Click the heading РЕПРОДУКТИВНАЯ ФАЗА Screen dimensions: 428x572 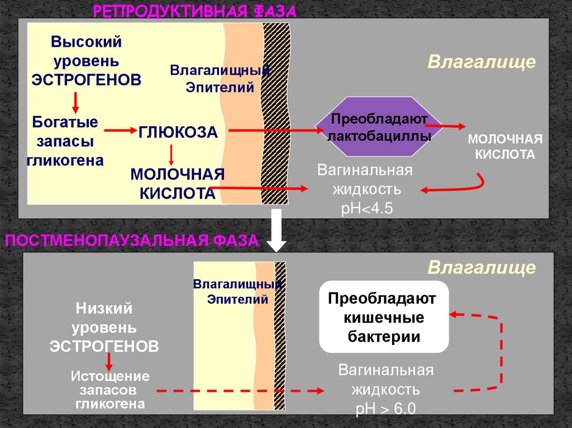coord(194,11)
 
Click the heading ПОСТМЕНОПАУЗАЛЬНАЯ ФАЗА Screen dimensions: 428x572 coord(132,241)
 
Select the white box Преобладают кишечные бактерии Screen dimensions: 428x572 coord(384,318)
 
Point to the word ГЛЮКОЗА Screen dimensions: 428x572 coord(178,132)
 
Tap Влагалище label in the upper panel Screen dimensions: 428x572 coord(482,61)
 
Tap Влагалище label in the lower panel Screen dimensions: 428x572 coord(482,268)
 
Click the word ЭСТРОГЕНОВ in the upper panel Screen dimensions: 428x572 coord(87,79)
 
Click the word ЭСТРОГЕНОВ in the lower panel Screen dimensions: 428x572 coord(104,346)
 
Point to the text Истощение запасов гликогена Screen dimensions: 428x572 coord(110,389)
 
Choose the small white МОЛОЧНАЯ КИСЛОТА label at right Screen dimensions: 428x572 coord(505,146)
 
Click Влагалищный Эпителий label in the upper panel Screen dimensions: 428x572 coord(220,79)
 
